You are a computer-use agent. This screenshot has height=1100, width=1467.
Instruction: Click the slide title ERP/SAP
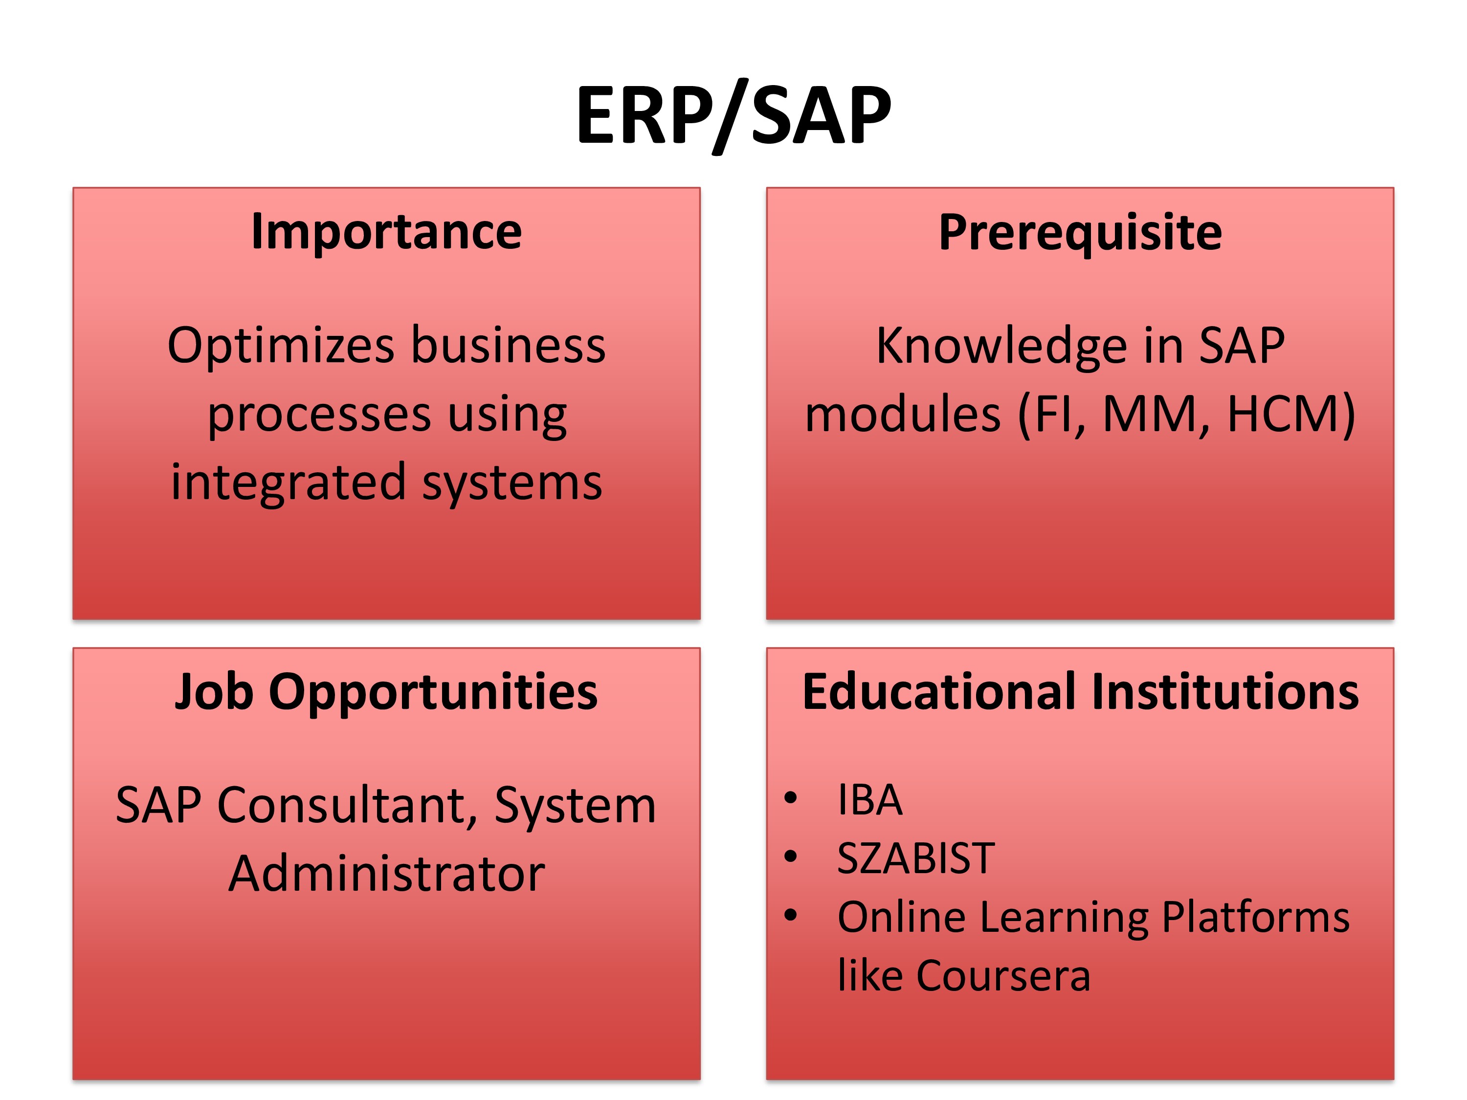tap(733, 116)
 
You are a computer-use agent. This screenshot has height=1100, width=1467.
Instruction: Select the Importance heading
tap(387, 232)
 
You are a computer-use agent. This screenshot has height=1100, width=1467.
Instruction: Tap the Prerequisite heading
tap(1080, 233)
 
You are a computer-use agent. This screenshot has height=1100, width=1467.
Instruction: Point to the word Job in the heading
tap(214, 692)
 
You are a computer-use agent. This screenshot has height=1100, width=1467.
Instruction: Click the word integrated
tap(289, 483)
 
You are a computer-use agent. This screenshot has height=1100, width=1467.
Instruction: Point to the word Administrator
tap(387, 874)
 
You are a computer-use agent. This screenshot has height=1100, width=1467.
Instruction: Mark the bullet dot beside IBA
tap(790, 798)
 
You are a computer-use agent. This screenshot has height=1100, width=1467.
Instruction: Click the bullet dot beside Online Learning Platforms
tap(790, 916)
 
